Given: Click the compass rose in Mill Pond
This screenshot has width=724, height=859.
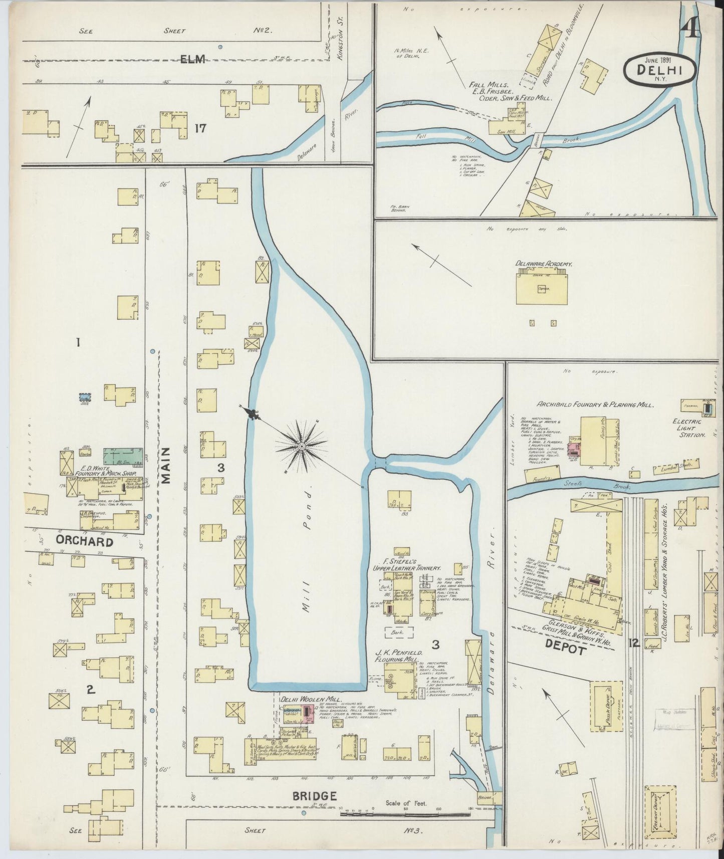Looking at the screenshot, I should coord(302,446).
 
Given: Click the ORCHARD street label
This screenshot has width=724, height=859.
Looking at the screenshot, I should coord(84,542).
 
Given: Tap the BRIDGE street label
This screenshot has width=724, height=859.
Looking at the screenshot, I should coord(315,795).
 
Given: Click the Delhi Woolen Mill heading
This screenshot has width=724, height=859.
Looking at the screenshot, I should coord(311,699).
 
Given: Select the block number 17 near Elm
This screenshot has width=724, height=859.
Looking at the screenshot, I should coord(200,128).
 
